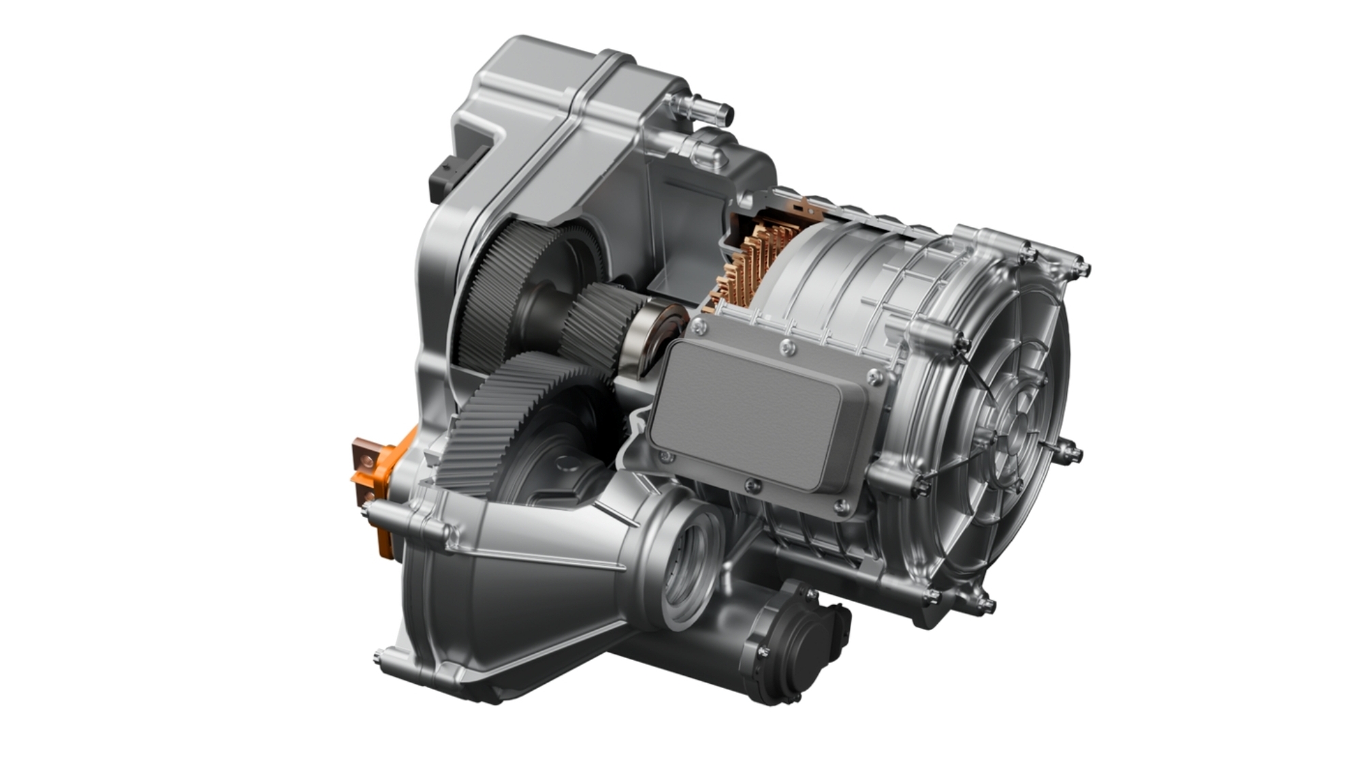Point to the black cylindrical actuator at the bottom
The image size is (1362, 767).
pyautogui.click(x=804, y=640)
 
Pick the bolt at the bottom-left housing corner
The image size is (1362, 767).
pyautogui.click(x=379, y=657)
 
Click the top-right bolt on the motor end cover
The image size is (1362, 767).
pyautogui.click(x=1083, y=269)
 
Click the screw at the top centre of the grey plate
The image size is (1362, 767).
pyautogui.click(x=788, y=348)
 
